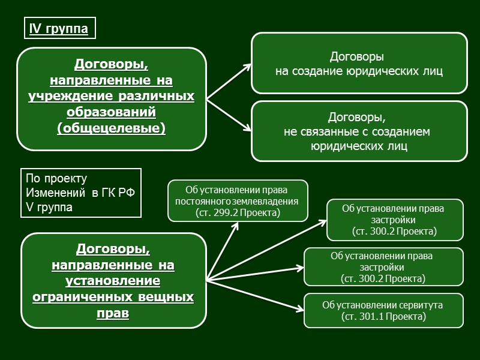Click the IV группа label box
coord(59,29)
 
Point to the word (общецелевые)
coord(111,128)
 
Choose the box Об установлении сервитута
coord(383,311)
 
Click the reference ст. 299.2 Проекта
coord(238,212)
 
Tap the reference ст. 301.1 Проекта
coord(383,317)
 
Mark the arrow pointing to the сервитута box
coord(258,296)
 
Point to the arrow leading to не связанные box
coord(231,114)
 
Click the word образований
coord(111,112)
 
